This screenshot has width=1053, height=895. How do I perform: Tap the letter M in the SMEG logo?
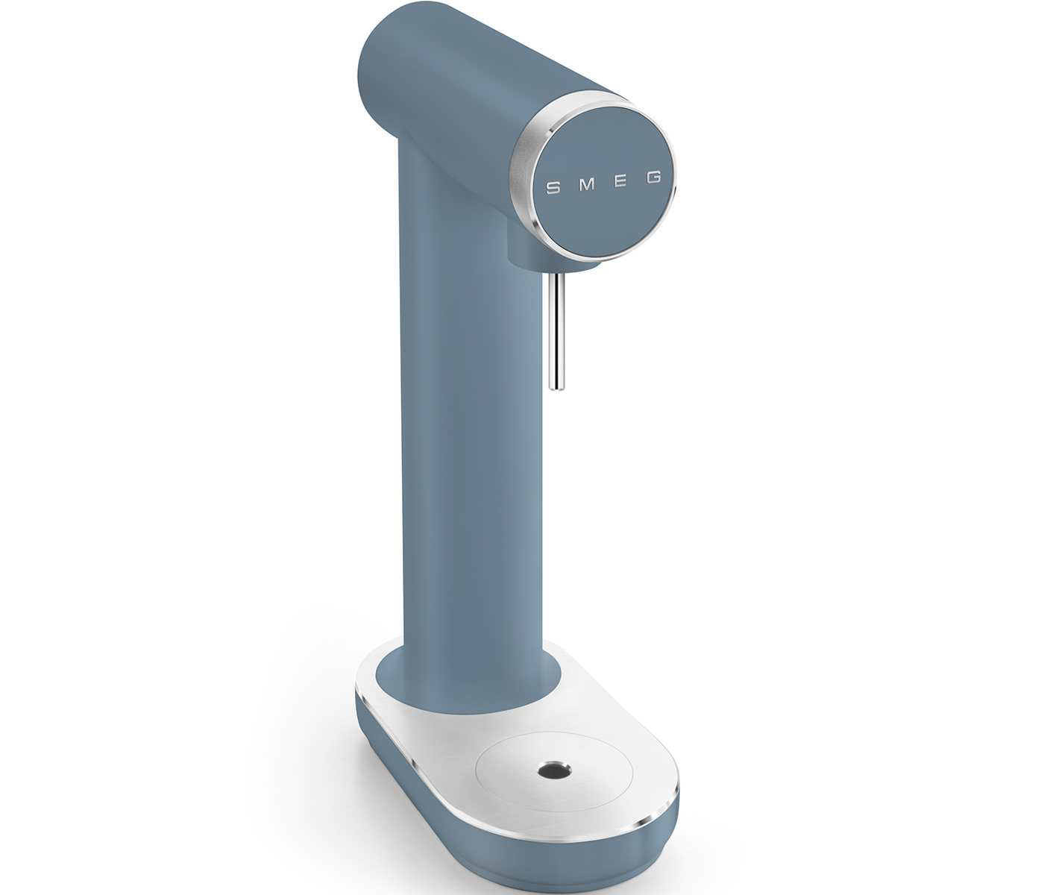click(587, 184)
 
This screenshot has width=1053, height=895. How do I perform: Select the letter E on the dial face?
click(620, 180)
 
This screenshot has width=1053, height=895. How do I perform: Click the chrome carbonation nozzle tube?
click(556, 331)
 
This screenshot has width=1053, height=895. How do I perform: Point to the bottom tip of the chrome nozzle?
click(556, 390)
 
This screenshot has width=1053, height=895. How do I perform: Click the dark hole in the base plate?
click(556, 771)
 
